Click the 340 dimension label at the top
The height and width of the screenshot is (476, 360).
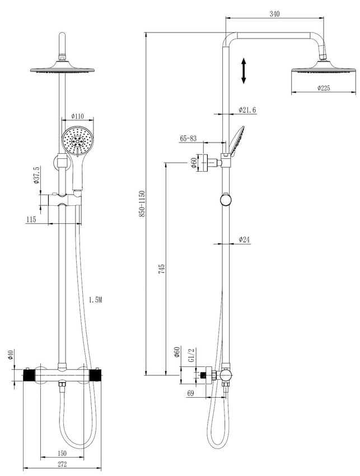coord(275,14)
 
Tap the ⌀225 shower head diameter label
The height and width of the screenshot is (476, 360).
coord(324,88)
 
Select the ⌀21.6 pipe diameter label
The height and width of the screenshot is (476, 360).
coord(247,110)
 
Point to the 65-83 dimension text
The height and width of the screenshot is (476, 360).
coord(188,138)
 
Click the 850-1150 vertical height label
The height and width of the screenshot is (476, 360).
coord(142,204)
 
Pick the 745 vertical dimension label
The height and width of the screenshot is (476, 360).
coord(161,269)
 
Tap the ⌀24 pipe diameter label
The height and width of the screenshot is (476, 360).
coord(244,240)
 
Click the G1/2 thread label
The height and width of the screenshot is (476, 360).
coord(191,355)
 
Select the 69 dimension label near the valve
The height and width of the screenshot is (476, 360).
coord(190,393)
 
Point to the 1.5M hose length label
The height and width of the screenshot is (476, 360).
coord(96,300)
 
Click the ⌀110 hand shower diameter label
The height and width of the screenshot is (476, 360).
coord(77,116)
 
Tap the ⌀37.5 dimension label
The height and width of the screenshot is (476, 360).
coord(37,175)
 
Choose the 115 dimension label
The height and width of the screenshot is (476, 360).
coord(31,219)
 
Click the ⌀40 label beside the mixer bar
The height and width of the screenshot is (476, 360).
coord(10,355)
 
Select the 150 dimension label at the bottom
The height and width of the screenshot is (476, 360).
coord(62,453)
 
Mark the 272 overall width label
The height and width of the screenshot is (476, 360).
coord(62,464)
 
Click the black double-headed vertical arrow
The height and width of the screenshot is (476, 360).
coord(244,70)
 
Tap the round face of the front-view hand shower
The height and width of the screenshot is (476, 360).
coord(78,140)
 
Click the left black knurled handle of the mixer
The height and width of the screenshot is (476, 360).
coord(30,375)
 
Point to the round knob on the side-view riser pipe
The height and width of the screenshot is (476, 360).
coord(226,200)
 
